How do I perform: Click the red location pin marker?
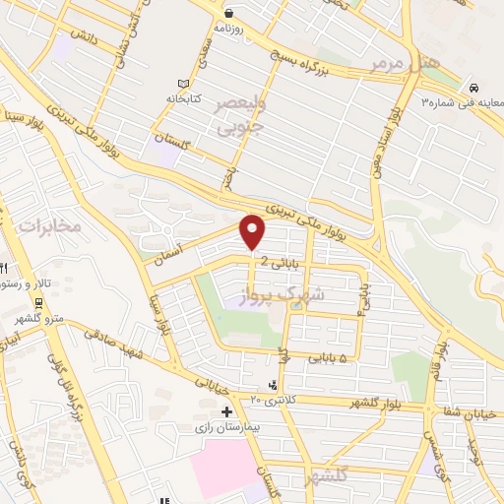[x=253, y=232]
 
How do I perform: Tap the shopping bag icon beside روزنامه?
[x=228, y=13]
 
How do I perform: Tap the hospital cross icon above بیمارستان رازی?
[x=227, y=411]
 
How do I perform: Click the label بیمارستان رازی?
[x=228, y=429]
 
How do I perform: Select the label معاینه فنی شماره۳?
[x=463, y=101]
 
